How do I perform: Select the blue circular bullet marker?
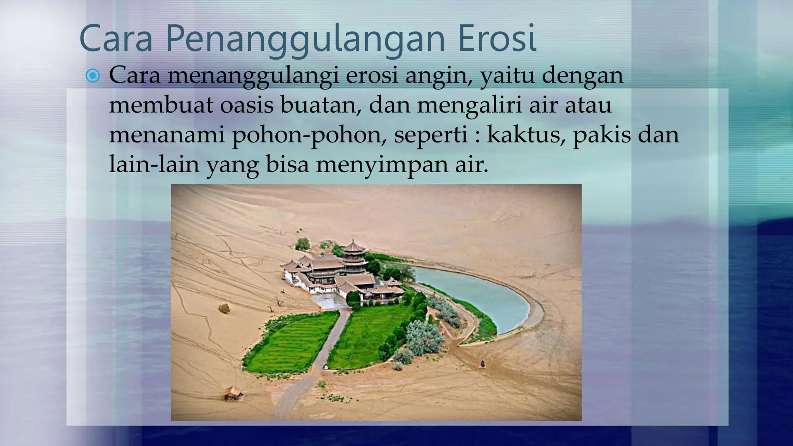tap(93, 76)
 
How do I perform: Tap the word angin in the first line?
tap(439, 76)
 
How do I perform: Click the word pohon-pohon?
tap(309, 135)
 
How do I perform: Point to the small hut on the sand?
tap(233, 393)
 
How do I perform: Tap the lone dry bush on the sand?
tap(224, 308)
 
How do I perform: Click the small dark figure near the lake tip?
tap(483, 364)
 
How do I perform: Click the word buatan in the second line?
tap(321, 105)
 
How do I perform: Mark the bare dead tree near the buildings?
tap(279, 303)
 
